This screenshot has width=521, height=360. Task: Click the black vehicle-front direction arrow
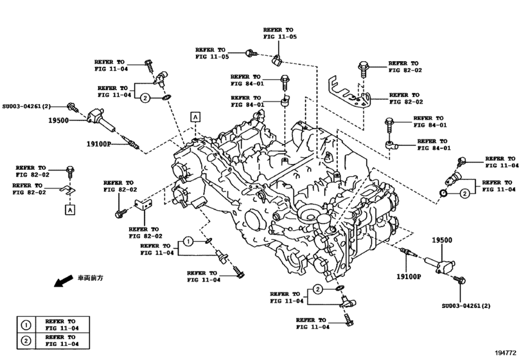[63, 282]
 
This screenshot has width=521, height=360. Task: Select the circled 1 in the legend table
[26, 325]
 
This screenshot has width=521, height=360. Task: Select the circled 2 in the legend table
[26, 341]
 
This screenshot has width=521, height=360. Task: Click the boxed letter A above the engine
[195, 116]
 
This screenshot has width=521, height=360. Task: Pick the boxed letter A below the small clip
[68, 209]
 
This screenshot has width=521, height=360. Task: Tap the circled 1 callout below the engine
[188, 242]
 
